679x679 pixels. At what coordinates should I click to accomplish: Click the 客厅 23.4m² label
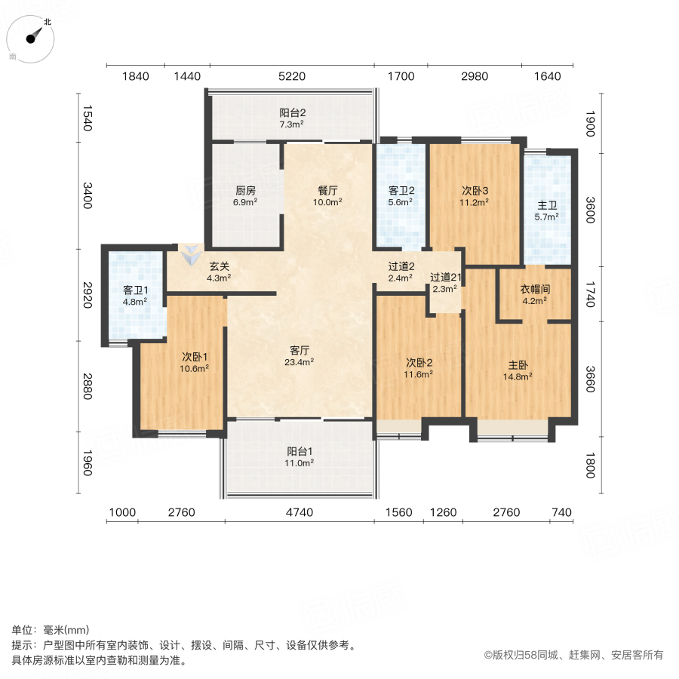click(x=301, y=355)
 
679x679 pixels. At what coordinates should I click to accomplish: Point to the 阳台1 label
click(x=300, y=457)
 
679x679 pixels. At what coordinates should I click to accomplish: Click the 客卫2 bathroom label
click(x=399, y=196)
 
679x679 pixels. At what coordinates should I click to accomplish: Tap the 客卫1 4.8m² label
click(x=135, y=295)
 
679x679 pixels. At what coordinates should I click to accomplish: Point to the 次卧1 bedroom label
click(x=195, y=362)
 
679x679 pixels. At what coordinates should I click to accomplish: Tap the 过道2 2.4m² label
click(x=400, y=272)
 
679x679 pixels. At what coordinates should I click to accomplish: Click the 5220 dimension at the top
click(x=291, y=76)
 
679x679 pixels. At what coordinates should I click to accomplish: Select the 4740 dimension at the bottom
click(x=300, y=513)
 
